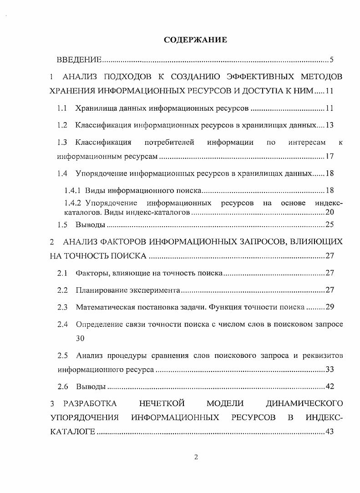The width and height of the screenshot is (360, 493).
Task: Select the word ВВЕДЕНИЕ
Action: pyautogui.click(x=79, y=60)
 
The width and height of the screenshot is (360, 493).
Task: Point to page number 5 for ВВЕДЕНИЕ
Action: pyautogui.click(x=332, y=60)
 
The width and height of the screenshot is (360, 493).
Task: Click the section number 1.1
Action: pyautogui.click(x=62, y=108)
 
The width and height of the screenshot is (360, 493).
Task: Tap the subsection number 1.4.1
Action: pyautogui.click(x=72, y=190)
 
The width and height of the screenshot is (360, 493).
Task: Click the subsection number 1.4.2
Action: pyautogui.click(x=72, y=203)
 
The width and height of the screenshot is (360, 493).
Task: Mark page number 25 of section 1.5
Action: pyautogui.click(x=330, y=225)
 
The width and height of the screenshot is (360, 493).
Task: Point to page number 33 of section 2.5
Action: pyautogui.click(x=330, y=370)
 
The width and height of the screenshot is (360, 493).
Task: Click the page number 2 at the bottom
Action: pyautogui.click(x=196, y=457)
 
